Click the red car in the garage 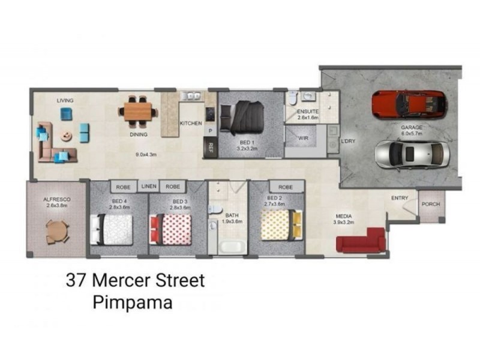[409, 104]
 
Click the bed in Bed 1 [242, 118]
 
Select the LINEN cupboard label [149, 187]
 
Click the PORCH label [430, 204]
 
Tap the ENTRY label [400, 198]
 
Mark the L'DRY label [348, 142]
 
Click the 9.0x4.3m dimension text [145, 154]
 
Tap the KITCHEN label [191, 124]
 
